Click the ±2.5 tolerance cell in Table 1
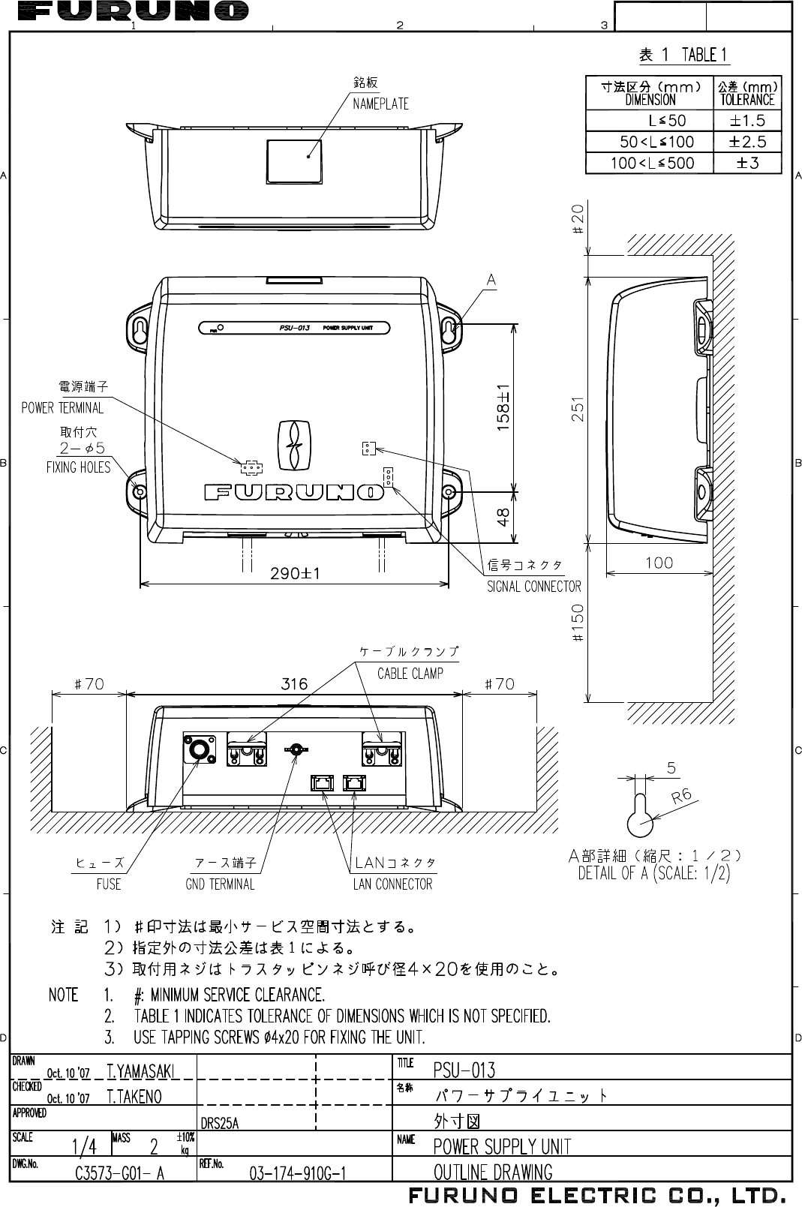(x=747, y=142)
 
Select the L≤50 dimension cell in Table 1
(x=666, y=121)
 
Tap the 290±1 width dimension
(x=295, y=573)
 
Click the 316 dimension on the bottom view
(x=294, y=684)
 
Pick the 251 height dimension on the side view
(x=578, y=409)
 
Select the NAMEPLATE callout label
(x=380, y=104)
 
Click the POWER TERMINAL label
(x=62, y=408)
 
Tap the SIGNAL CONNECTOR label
(x=534, y=587)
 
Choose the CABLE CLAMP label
(x=410, y=673)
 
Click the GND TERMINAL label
(x=220, y=884)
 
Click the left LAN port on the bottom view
(x=323, y=782)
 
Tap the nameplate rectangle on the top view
(x=293, y=159)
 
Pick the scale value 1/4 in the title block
(x=84, y=1146)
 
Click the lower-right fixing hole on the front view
(x=449, y=492)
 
